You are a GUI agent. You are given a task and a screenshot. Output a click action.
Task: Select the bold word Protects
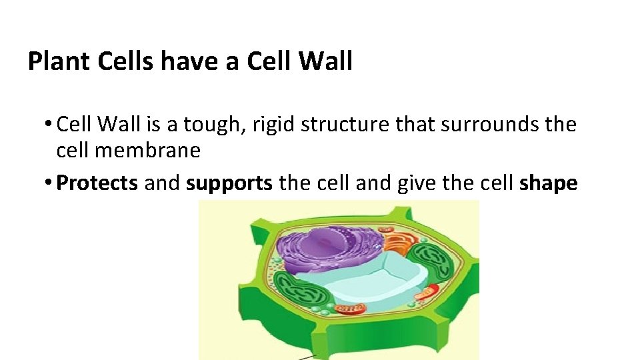97,183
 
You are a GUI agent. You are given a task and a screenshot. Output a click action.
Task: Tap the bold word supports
229,183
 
